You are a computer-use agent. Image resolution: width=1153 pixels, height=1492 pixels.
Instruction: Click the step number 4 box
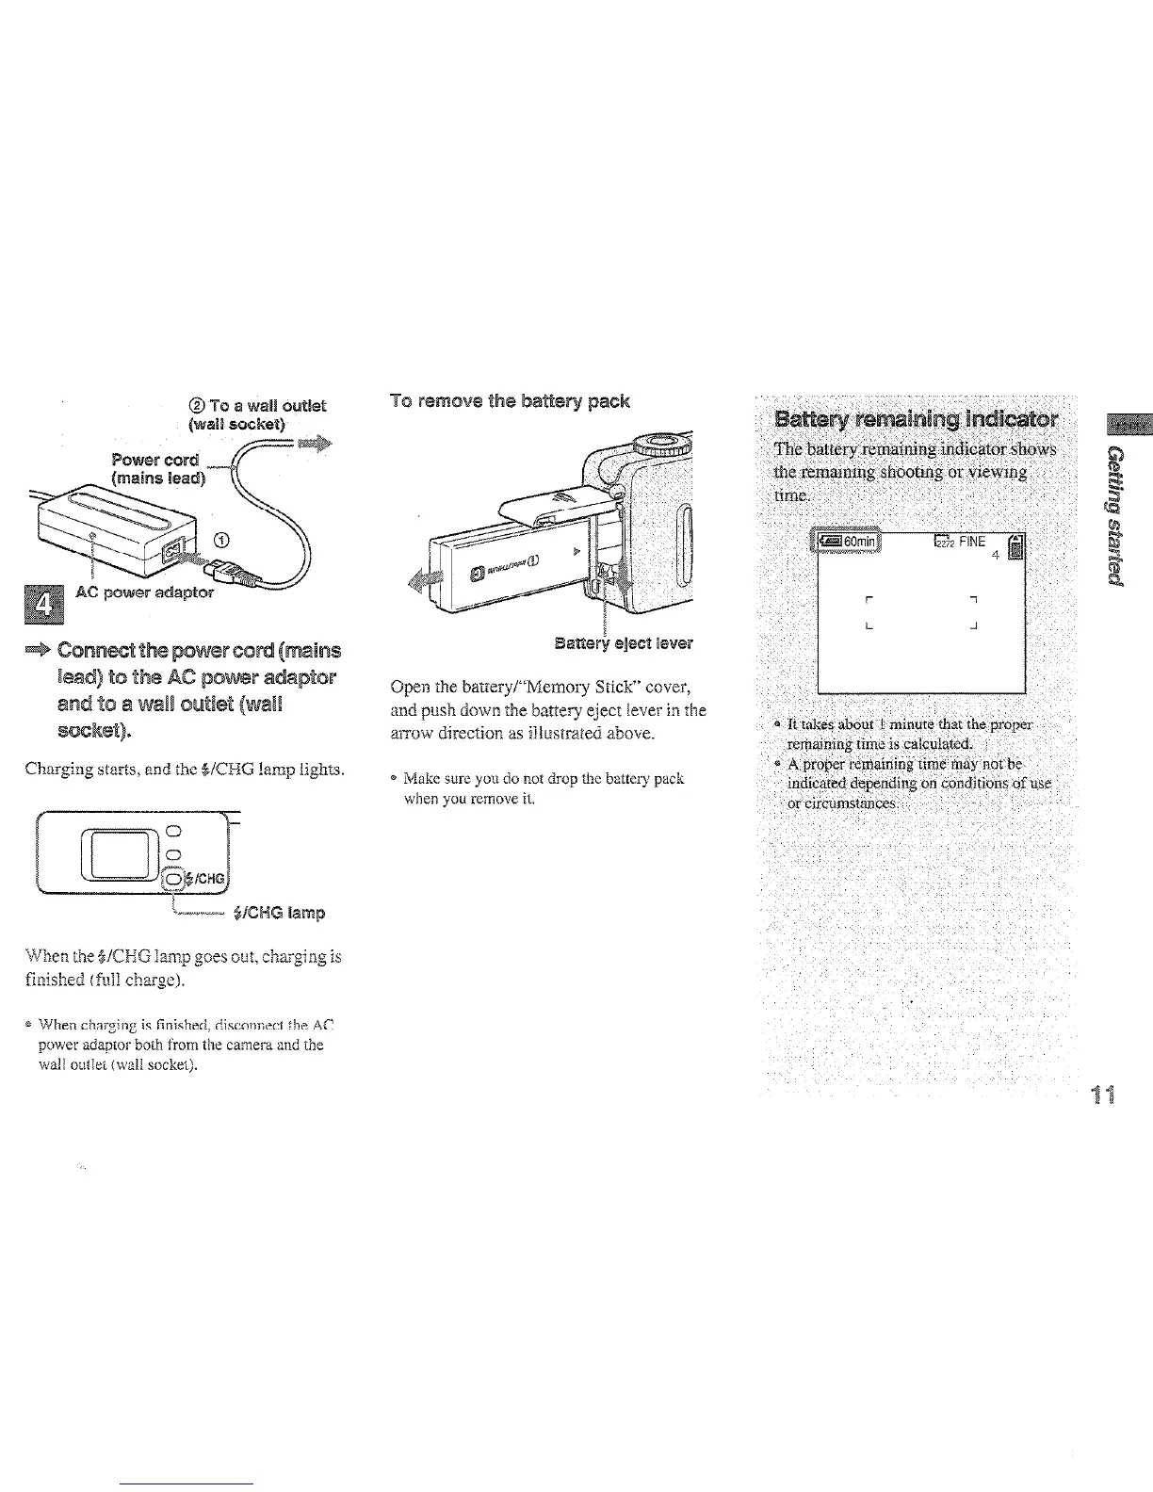(x=41, y=603)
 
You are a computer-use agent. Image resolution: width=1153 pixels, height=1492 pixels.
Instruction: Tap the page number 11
(x=1103, y=1095)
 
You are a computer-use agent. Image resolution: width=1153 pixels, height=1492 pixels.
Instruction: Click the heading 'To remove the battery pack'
(x=510, y=401)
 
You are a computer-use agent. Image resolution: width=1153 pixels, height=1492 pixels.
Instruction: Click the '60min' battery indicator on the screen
(x=847, y=542)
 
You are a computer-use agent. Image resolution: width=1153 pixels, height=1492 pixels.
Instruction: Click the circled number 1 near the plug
(x=221, y=540)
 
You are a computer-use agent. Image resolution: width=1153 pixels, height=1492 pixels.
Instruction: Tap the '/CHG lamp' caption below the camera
(x=284, y=913)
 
